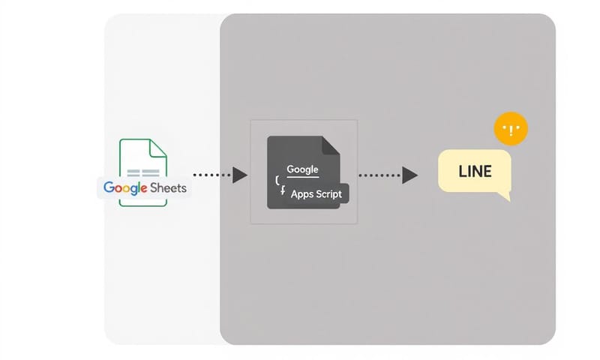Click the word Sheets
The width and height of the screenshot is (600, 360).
pyautogui.click(x=168, y=187)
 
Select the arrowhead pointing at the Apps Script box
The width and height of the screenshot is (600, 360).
pyautogui.click(x=240, y=175)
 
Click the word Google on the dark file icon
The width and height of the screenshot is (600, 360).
pyautogui.click(x=303, y=169)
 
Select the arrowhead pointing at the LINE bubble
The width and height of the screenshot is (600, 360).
pyautogui.click(x=409, y=175)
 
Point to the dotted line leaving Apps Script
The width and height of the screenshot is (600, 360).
pyautogui.click(x=379, y=175)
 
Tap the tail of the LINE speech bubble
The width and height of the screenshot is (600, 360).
pyautogui.click(x=505, y=196)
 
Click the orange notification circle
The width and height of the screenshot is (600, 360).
pyautogui.click(x=511, y=130)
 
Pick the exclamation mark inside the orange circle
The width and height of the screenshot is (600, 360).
pyautogui.click(x=511, y=130)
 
